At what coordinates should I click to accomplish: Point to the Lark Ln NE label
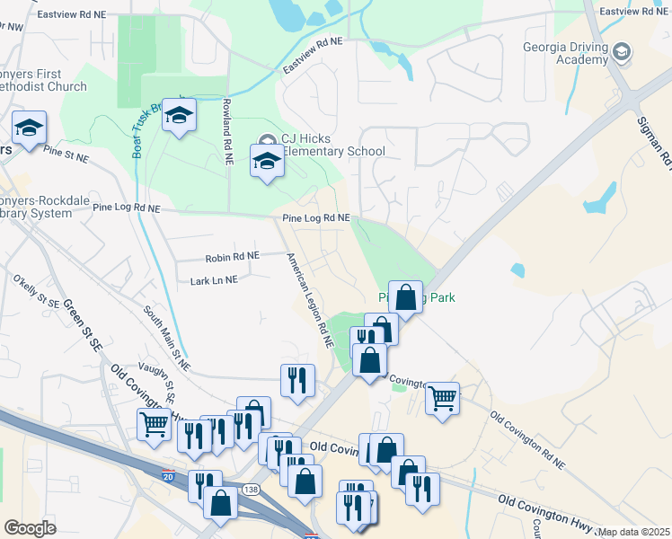tap(214, 280)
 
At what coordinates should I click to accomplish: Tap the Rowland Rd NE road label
tap(227, 130)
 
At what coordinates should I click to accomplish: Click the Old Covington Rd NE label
tap(527, 441)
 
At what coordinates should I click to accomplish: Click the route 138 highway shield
tap(251, 490)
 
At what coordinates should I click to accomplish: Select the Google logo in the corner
tap(30, 528)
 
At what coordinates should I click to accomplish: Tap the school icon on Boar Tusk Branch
tap(180, 116)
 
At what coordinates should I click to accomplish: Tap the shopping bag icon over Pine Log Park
tap(405, 296)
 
